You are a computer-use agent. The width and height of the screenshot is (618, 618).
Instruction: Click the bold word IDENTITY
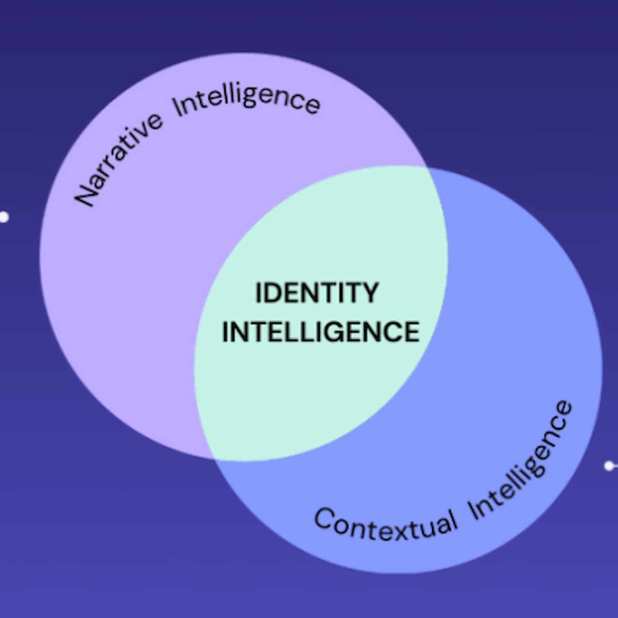(317, 293)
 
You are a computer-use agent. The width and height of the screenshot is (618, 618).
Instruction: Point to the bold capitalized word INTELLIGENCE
(320, 331)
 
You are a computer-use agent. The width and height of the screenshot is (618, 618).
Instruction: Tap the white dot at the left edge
(4, 217)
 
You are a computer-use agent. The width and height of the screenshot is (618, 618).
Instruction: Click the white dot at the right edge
(609, 466)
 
